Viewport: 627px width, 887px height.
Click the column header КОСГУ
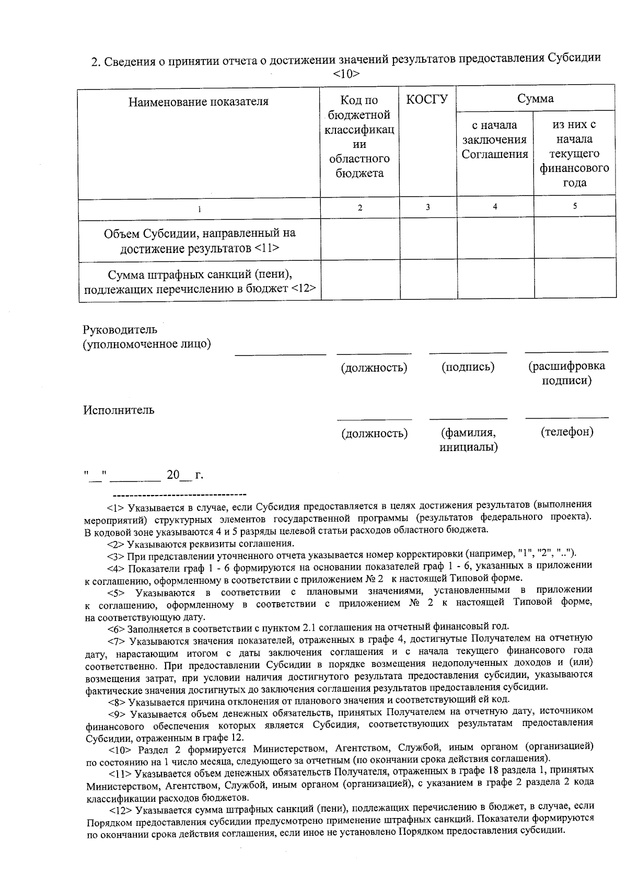tap(427, 99)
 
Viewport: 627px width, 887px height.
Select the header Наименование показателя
tap(199, 101)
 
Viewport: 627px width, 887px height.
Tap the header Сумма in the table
tap(535, 98)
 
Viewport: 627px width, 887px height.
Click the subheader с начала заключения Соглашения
tap(494, 140)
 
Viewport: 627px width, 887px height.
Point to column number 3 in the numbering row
tap(427, 207)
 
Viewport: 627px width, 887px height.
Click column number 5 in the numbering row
tap(574, 206)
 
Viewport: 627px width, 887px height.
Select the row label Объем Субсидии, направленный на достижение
tap(200, 240)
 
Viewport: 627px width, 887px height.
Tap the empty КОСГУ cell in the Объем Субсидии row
tap(428, 239)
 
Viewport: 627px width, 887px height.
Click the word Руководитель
tap(120, 330)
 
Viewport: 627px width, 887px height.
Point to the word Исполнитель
tap(119, 410)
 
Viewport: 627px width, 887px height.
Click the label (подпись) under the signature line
tap(468, 367)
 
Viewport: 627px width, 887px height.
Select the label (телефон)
tap(567, 432)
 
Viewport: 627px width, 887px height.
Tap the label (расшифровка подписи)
tap(566, 373)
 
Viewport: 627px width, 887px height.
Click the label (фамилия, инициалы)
tap(468, 440)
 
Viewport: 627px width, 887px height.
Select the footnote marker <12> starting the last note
tap(121, 810)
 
